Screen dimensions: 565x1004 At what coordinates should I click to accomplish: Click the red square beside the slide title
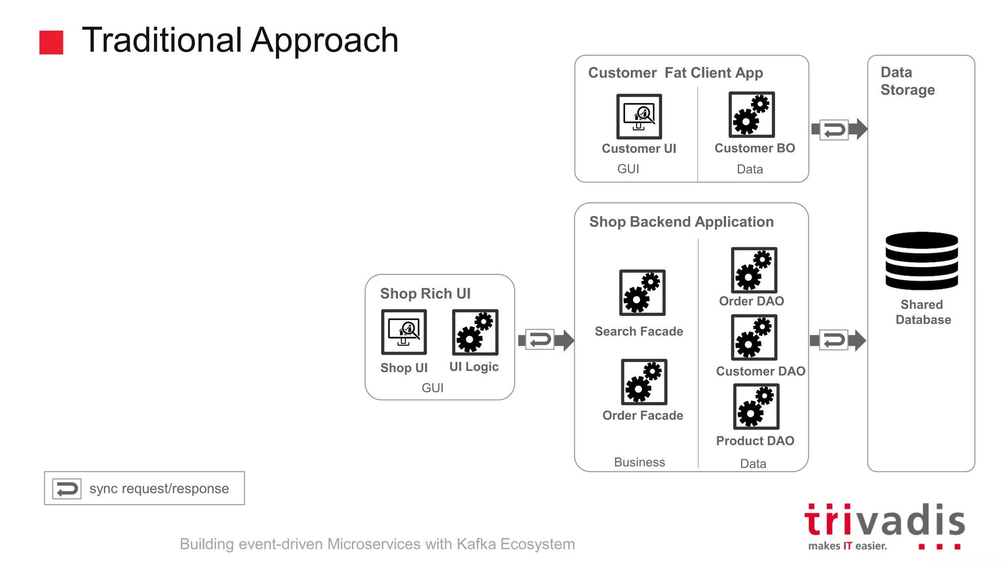[x=51, y=42]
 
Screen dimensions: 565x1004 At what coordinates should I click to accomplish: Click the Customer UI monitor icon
[x=639, y=116]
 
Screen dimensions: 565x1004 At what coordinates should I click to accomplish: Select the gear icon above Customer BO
[x=752, y=114]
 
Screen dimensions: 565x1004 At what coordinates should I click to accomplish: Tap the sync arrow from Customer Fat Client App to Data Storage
[x=838, y=129]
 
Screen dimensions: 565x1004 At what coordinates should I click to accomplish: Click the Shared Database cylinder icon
[x=921, y=261]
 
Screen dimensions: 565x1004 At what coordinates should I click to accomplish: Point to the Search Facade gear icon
[x=642, y=292]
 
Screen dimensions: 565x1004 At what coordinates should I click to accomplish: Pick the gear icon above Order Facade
[x=644, y=382]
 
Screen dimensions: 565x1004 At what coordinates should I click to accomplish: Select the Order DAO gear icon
[x=754, y=270]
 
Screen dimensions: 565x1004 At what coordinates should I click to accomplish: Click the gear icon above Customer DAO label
[x=754, y=337]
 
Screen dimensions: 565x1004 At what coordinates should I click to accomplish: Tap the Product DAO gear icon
[x=756, y=407]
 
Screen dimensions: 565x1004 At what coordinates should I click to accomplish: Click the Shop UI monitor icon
[x=404, y=332]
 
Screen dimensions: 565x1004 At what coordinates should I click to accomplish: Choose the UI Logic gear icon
[x=475, y=332]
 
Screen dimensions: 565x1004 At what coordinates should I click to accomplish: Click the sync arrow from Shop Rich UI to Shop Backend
[x=545, y=339]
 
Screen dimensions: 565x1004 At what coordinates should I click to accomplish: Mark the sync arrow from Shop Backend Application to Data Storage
[x=837, y=340]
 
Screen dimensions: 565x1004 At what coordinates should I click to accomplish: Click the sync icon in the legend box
[x=67, y=489]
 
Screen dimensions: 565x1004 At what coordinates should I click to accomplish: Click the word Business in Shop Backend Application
[x=639, y=462]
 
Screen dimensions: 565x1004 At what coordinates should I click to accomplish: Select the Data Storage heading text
[x=907, y=81]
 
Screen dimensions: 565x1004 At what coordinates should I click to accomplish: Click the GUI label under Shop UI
[x=432, y=388]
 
